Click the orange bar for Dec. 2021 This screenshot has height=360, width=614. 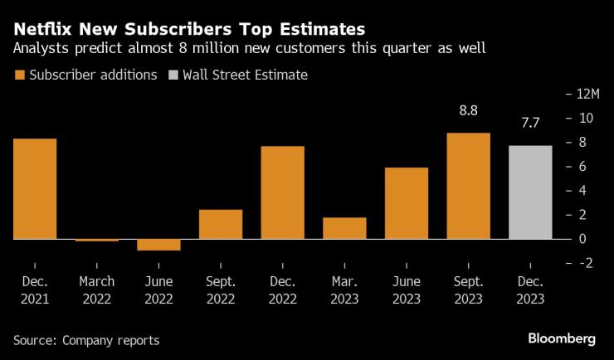point(35,188)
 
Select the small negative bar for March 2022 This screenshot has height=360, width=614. point(97,240)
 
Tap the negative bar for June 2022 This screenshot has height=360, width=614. point(158,245)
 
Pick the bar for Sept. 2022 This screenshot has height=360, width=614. point(221,224)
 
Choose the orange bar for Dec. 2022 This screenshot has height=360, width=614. point(282,192)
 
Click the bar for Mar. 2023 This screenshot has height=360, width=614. point(344,228)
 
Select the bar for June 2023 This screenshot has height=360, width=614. point(406,203)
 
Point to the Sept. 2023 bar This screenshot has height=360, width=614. point(468,186)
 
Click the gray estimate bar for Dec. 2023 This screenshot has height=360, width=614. point(529,192)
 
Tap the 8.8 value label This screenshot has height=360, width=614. point(468,109)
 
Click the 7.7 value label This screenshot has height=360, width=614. point(529,123)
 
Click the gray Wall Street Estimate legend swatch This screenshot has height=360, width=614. point(173,75)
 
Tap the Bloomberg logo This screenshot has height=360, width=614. point(562,338)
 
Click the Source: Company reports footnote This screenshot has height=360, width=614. point(85,340)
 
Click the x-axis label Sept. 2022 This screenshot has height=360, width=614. point(221,291)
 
